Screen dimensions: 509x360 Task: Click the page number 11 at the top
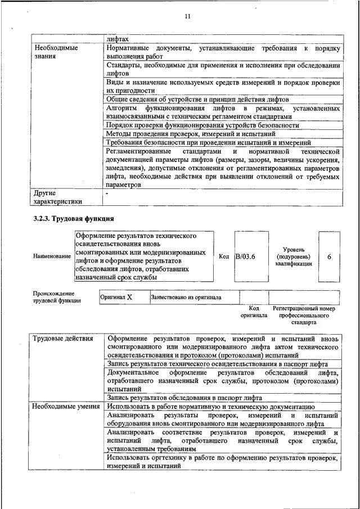(188, 17)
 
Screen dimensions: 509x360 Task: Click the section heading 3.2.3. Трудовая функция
(74, 218)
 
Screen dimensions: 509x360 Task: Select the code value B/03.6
(245, 256)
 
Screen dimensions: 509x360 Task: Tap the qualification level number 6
(330, 256)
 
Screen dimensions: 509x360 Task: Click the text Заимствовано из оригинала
(186, 298)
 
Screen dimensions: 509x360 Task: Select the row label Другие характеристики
(58, 197)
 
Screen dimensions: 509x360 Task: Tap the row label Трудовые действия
(59, 339)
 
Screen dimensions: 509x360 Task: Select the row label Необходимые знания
(56, 52)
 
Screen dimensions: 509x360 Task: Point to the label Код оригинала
(254, 312)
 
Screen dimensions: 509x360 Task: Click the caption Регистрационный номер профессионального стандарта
(304, 316)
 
